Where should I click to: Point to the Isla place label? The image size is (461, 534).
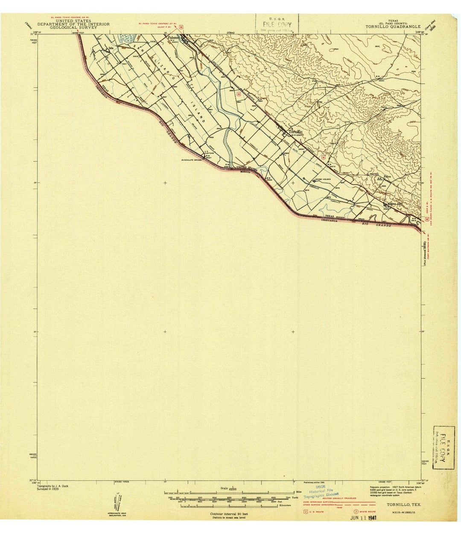coord(112,48)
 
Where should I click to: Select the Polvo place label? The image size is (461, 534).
coord(387,176)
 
